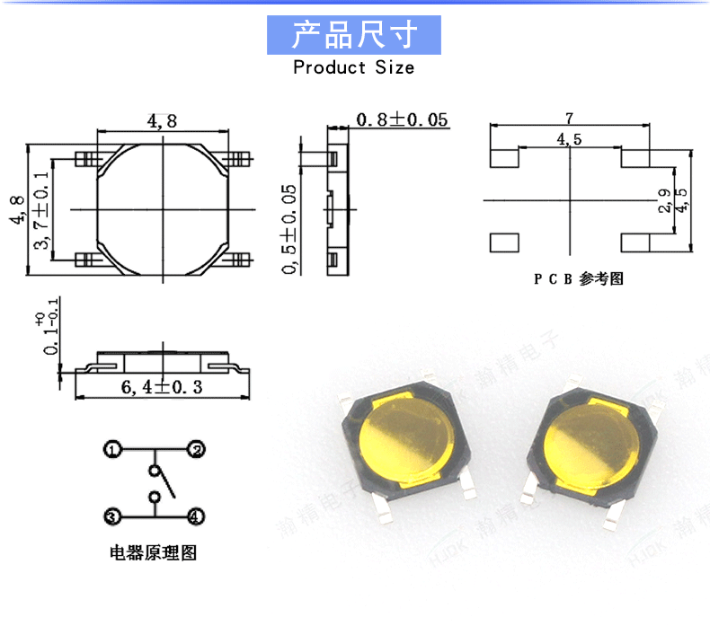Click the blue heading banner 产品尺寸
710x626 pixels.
[354, 35]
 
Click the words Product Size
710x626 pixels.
[354, 67]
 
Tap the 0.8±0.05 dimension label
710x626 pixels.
[402, 119]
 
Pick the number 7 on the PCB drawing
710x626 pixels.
[569, 118]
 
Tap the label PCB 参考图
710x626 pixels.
[578, 278]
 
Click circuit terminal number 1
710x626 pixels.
[111, 448]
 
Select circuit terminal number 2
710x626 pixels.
[195, 448]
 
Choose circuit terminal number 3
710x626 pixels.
[111, 516]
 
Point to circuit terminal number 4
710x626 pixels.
[195, 516]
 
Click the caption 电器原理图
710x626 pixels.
[153, 552]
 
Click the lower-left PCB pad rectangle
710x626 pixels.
[504, 242]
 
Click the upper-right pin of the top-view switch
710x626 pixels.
[238, 159]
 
